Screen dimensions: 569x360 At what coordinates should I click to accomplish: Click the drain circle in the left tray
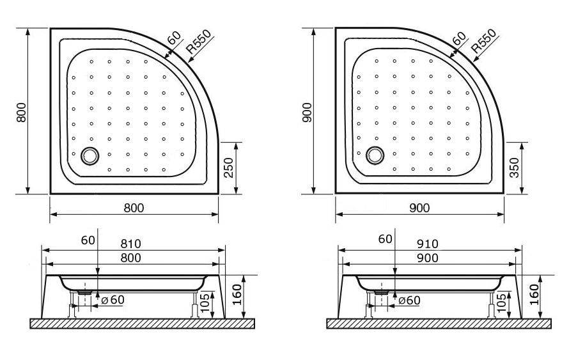[x=90, y=155]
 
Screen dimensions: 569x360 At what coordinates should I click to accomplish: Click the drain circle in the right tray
[x=375, y=155]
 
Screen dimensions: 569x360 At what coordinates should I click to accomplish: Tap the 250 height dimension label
[x=229, y=168]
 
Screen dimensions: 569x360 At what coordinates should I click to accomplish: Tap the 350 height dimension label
[x=514, y=168]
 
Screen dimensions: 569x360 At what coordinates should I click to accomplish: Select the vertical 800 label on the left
[x=21, y=112]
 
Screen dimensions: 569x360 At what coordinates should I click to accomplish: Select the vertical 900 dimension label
[x=307, y=112]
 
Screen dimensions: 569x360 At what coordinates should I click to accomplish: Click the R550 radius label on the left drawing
[x=198, y=42]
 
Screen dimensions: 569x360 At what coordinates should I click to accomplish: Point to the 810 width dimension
[x=130, y=244]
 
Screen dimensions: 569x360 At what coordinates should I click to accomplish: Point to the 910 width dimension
[x=428, y=244]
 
